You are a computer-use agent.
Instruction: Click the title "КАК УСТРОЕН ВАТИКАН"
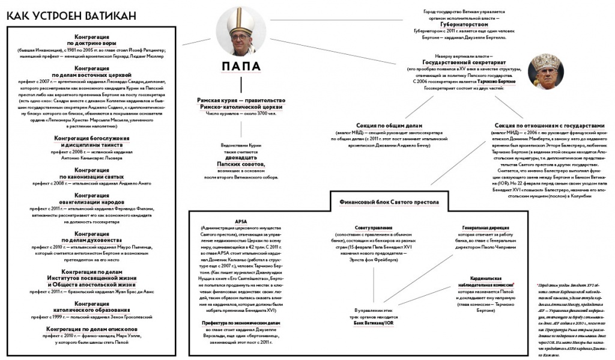71,14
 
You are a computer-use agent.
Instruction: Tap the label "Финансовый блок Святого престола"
389,203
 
